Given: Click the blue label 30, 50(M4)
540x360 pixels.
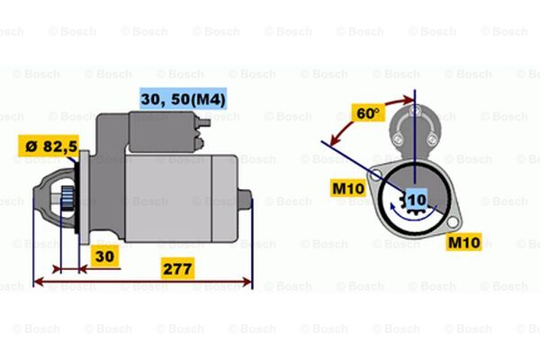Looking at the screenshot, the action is coord(184,99).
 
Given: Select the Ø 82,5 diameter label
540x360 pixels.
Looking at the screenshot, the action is coord(49,146).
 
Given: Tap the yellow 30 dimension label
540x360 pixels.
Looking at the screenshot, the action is coord(104,256).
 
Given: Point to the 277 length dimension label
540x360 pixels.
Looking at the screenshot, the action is coord(177,269).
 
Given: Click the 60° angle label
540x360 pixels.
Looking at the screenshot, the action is coord(367,112).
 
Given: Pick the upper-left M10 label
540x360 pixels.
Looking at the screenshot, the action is coord(347,188).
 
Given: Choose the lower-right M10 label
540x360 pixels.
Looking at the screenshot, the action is coord(463,242).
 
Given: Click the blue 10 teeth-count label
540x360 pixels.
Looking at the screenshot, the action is coord(417,200).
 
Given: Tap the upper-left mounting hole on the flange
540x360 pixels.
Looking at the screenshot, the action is coord(374,175).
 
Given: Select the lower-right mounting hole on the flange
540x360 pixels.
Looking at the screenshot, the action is coord(453,222).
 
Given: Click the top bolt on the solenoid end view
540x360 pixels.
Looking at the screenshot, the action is coord(414,111).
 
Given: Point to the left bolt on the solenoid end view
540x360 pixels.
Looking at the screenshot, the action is coord(398,139).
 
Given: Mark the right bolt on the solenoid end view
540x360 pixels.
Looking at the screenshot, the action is coord(431,139).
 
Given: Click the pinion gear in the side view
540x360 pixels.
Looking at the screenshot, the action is coord(67,200).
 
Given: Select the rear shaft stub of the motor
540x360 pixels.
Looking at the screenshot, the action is coord(245,200).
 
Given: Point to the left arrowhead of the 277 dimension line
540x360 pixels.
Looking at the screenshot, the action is coord(39,281).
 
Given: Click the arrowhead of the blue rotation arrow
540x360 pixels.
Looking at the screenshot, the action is coord(392,207).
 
